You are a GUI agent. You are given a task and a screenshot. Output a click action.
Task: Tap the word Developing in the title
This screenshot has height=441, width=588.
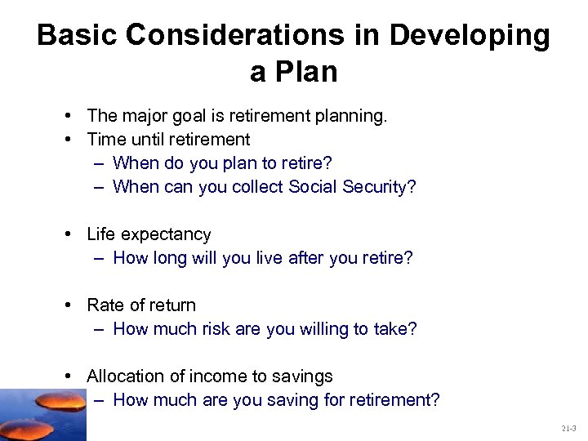pos(470,36)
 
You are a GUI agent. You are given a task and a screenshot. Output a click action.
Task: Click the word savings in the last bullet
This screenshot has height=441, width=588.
pos(303,376)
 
